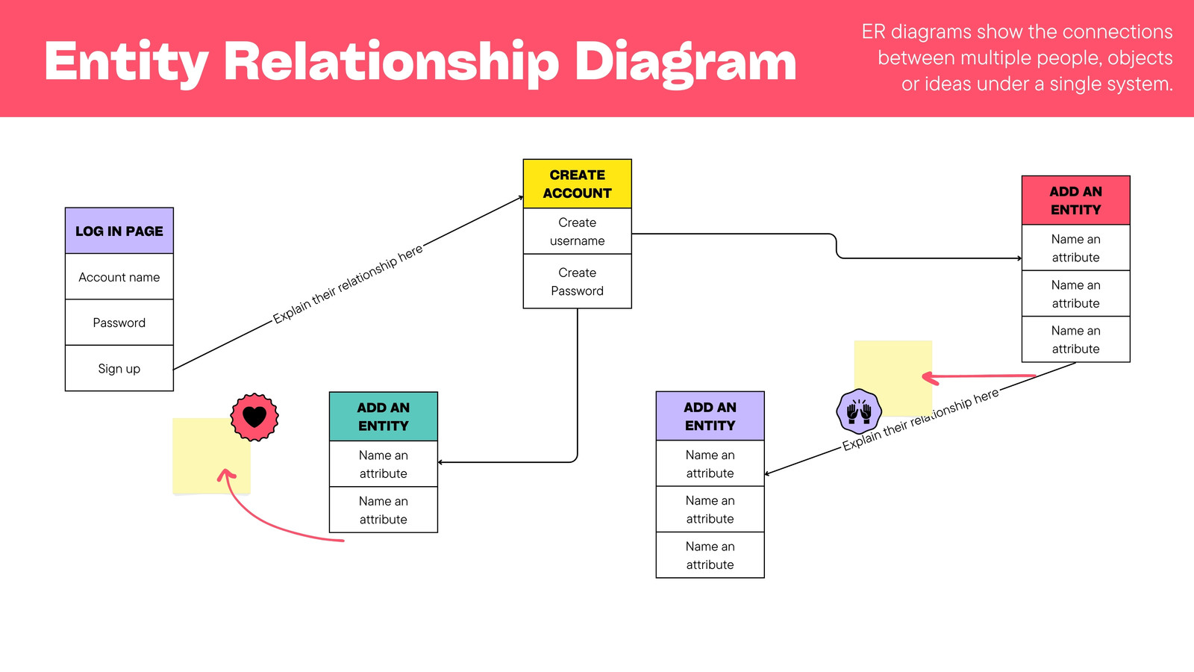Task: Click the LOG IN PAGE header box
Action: click(x=119, y=231)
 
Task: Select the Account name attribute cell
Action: click(x=119, y=276)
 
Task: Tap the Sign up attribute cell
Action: click(x=119, y=368)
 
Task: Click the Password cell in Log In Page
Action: click(x=119, y=322)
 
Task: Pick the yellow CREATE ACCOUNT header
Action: click(x=578, y=184)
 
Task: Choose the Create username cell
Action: click(x=578, y=231)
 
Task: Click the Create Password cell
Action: click(x=578, y=281)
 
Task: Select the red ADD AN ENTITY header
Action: click(x=1075, y=200)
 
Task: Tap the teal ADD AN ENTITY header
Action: click(x=384, y=416)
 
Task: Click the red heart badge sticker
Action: click(x=254, y=417)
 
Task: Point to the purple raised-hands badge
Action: click(x=859, y=411)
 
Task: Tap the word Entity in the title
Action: click(x=126, y=62)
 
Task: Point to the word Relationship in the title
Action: click(x=391, y=62)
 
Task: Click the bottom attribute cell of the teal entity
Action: click(x=384, y=510)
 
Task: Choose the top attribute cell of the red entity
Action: click(x=1075, y=247)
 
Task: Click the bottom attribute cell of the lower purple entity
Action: click(x=710, y=556)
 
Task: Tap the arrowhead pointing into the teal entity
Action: click(x=440, y=462)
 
